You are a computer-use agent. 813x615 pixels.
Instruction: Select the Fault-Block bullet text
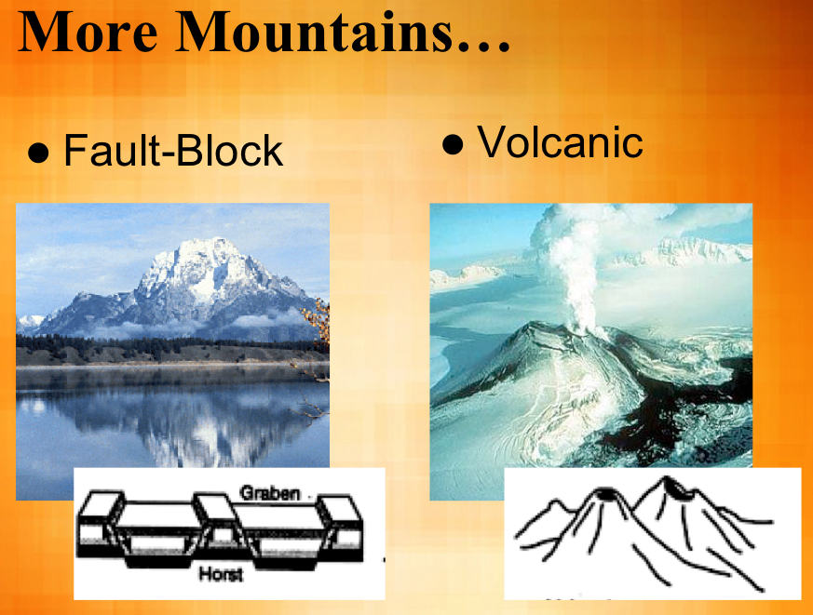click(x=172, y=151)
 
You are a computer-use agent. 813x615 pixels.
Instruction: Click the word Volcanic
click(x=560, y=142)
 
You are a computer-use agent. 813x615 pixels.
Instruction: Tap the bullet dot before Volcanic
click(x=453, y=145)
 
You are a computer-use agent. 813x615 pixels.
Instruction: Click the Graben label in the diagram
click(x=270, y=493)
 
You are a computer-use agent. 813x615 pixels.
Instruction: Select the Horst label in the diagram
click(x=221, y=575)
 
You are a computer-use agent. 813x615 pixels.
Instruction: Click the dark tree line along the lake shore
click(x=168, y=352)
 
